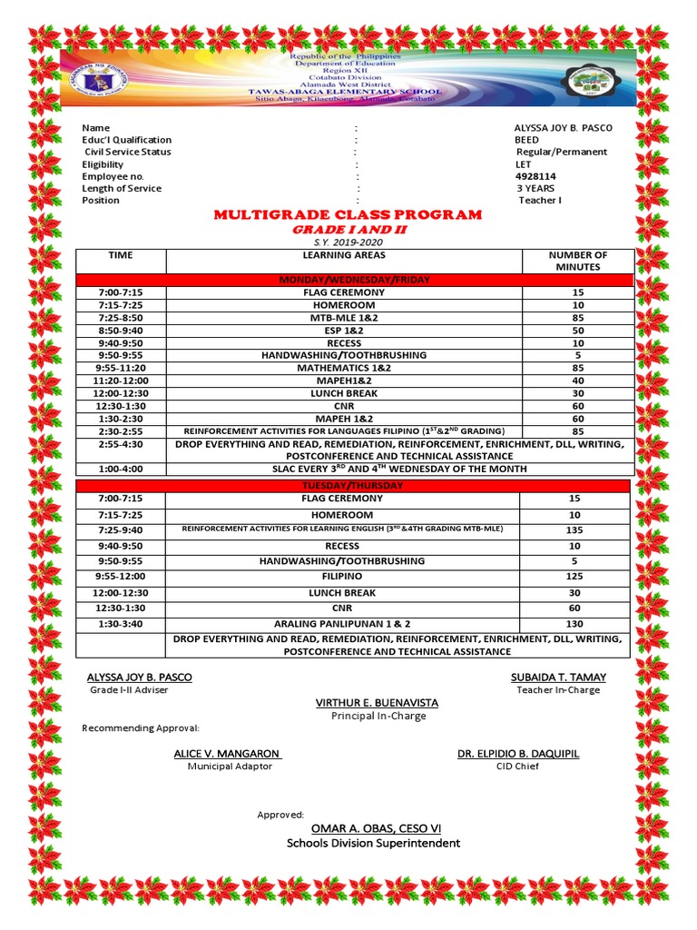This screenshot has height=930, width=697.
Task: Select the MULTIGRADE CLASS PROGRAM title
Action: click(x=348, y=214)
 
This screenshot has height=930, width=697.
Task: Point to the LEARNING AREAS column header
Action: click(x=343, y=255)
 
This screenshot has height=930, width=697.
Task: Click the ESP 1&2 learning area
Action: click(x=343, y=331)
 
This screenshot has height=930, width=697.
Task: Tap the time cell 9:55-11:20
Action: click(x=121, y=369)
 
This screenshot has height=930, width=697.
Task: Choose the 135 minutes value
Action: click(x=574, y=530)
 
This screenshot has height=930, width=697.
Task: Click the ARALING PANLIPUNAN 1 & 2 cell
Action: click(x=343, y=624)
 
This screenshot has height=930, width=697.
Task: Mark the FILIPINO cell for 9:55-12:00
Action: click(x=343, y=576)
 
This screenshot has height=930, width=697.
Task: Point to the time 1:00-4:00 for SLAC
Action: click(x=121, y=469)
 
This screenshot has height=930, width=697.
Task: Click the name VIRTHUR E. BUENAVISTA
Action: click(x=377, y=702)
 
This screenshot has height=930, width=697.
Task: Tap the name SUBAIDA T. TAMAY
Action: click(x=558, y=677)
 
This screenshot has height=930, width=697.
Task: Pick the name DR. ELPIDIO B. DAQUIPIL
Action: click(x=517, y=754)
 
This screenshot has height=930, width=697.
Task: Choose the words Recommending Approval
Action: click(x=141, y=728)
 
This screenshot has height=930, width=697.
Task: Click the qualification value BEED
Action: click(x=526, y=140)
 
